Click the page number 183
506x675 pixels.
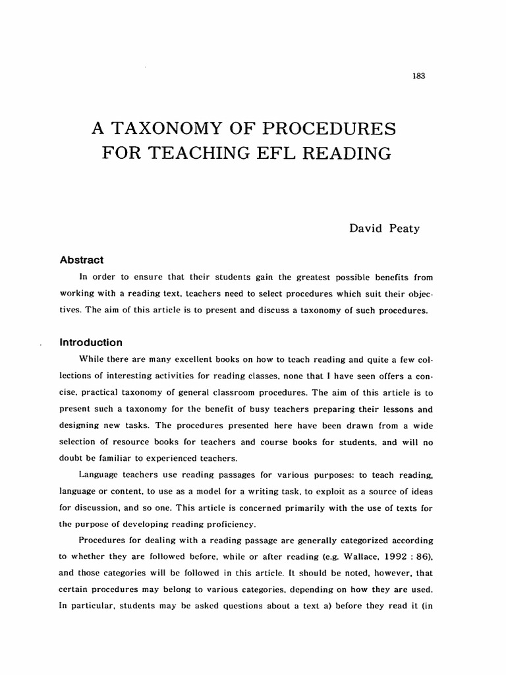418,76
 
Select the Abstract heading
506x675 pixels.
82,260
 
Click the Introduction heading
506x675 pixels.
91,343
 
